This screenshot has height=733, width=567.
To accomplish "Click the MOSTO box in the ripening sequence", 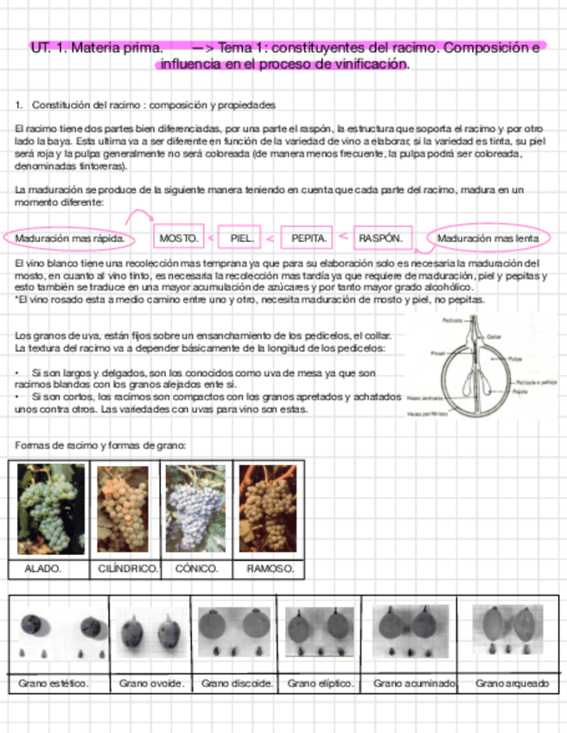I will pos(180,237).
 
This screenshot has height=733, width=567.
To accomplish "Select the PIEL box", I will pos(239,237).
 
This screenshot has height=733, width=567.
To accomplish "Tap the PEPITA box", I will pos(308,237).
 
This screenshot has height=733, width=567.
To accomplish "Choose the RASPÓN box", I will pos(379,237).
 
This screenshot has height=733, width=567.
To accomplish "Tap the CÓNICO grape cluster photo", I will pos(195,508).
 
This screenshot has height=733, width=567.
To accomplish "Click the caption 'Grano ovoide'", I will pos(151,684).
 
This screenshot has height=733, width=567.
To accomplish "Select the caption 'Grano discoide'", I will pos(237,684).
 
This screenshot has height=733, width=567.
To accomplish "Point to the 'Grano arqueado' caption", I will pos(512,684).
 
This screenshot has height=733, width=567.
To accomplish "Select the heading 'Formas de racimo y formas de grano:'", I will pos(101,445).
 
